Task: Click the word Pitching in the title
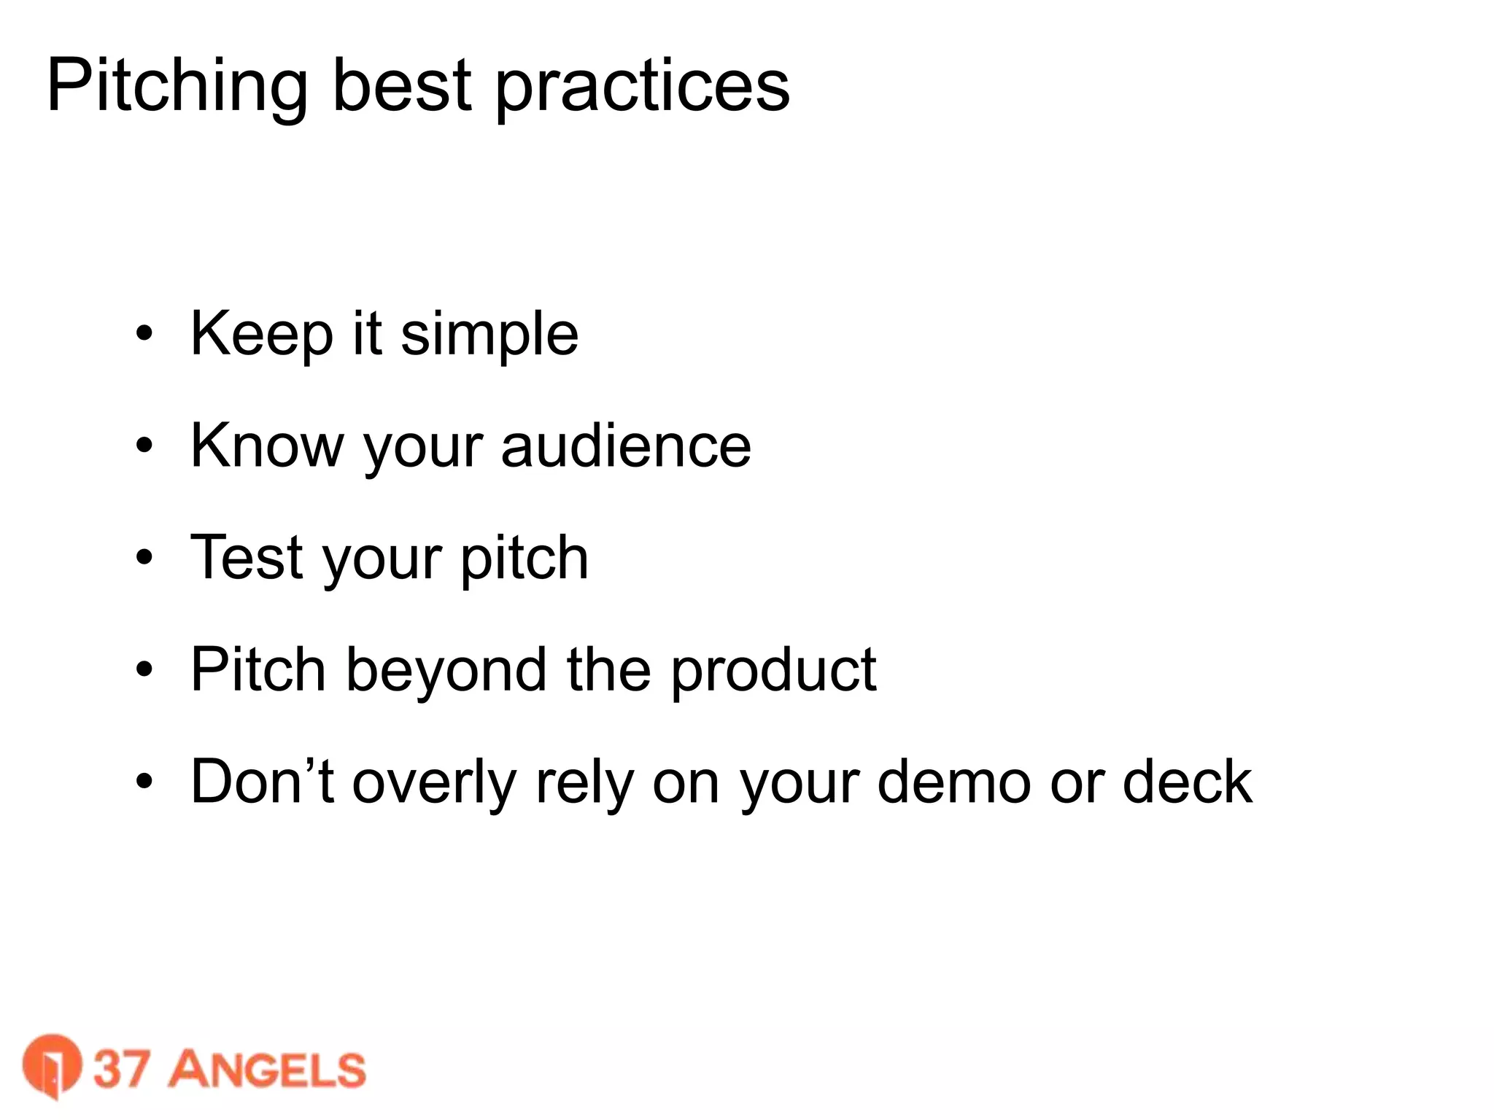tap(177, 87)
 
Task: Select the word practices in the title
tap(642, 87)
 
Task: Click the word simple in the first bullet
tap(489, 335)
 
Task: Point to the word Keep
tap(261, 335)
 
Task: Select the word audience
tap(626, 446)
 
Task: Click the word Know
tap(266, 446)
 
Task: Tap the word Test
tap(246, 558)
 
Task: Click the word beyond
tap(446, 670)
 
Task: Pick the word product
tap(773, 670)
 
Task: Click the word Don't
tap(262, 781)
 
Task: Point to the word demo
tap(954, 781)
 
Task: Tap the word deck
tap(1187, 781)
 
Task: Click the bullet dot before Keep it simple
tap(144, 334)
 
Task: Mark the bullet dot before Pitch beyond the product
tap(144, 669)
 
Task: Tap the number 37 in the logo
tap(122, 1069)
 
